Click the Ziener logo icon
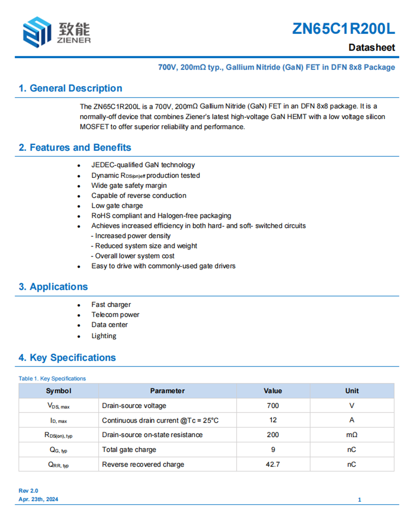pos(37,32)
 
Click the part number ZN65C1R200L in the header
pos(344,29)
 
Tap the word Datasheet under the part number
pos(371,48)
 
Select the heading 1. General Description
pos(70,88)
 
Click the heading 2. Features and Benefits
pos(74,147)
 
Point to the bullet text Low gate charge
pos(117,206)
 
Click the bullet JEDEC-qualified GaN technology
pos(143,165)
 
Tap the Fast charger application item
pos(111,304)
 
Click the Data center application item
pos(109,325)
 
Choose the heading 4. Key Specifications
pos(67,357)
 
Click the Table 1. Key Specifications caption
pos(52,379)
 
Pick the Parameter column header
pos(167,391)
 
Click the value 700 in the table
pos(273,405)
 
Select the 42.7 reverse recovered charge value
pos(273,464)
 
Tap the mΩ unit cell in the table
pos(351,435)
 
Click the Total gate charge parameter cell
pos(129,450)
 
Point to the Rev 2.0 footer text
pos(28,491)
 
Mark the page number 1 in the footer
pos(360,500)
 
